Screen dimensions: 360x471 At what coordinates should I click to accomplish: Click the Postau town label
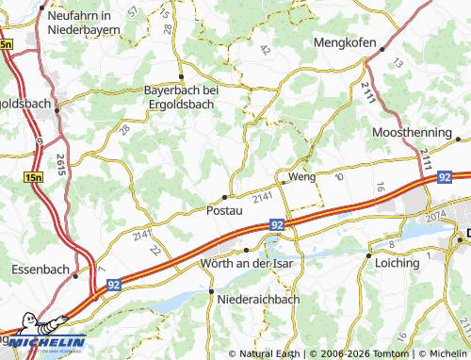tap(223, 211)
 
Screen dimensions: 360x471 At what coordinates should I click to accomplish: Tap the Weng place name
tap(302, 176)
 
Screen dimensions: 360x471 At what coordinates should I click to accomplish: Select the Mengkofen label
tap(344, 43)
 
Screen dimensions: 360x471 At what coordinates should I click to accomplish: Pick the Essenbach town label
tap(41, 270)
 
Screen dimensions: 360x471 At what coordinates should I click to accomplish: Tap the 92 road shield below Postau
tap(276, 225)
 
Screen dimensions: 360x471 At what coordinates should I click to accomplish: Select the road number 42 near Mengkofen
tap(265, 50)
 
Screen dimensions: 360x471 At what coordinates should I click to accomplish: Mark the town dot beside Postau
tap(223, 196)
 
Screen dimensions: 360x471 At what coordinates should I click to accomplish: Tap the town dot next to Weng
tap(281, 176)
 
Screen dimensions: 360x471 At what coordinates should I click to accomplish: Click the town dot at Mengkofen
tap(365, 58)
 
